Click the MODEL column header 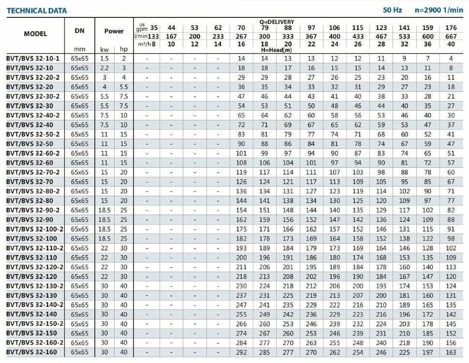pyautogui.click(x=35, y=34)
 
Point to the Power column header pyautogui.click(x=114, y=31)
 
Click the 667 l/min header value pyautogui.click(x=451, y=36)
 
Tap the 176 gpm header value pyautogui.click(x=451, y=28)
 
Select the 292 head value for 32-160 pyautogui.click(x=241, y=352)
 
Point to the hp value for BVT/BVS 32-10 pyautogui.click(x=123, y=68)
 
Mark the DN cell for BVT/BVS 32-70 pyautogui.click(x=80, y=182)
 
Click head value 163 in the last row pyautogui.click(x=451, y=352)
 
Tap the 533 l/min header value pyautogui.click(x=404, y=36)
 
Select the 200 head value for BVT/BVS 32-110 pyautogui.click(x=241, y=258)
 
